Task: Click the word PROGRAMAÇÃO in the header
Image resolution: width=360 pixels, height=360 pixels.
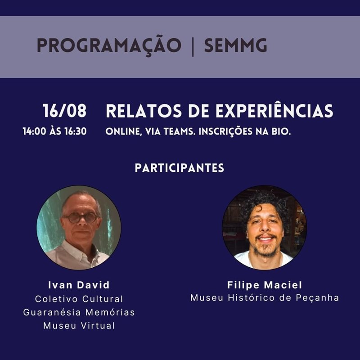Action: pyautogui.click(x=109, y=45)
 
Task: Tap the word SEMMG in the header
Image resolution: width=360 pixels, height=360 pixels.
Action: pyautogui.click(x=235, y=45)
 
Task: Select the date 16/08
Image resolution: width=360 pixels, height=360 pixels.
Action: pyautogui.click(x=64, y=111)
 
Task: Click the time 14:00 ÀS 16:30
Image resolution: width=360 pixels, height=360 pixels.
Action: pyautogui.click(x=54, y=131)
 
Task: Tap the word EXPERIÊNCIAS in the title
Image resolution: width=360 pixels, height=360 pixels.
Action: pyautogui.click(x=274, y=111)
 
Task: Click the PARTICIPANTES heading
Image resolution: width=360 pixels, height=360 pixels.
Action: pyautogui.click(x=179, y=168)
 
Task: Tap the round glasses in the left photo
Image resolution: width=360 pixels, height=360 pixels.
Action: pyautogui.click(x=81, y=218)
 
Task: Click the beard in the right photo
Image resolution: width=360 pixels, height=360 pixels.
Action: pyautogui.click(x=266, y=249)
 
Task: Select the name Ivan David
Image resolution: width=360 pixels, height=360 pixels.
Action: pyautogui.click(x=79, y=285)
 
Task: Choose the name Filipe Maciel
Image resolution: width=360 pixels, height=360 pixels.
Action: pyautogui.click(x=265, y=285)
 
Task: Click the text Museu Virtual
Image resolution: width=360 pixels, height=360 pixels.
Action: pyautogui.click(x=79, y=325)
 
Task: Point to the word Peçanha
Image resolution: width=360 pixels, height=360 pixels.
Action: pyautogui.click(x=317, y=298)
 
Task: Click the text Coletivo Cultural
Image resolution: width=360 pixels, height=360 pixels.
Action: pyautogui.click(x=79, y=299)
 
